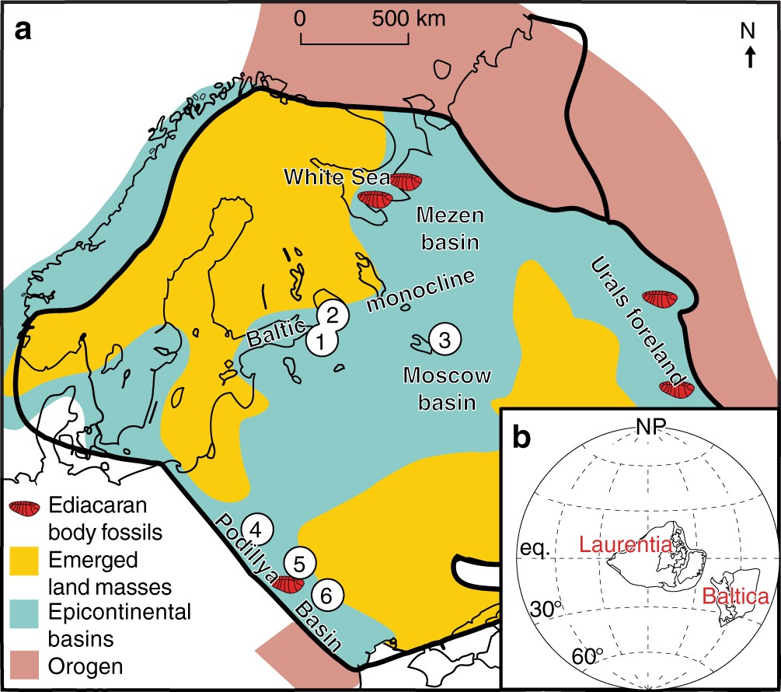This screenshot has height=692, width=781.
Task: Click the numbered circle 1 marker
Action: [x=321, y=341]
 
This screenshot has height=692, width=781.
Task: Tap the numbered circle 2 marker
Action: [x=332, y=315]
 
